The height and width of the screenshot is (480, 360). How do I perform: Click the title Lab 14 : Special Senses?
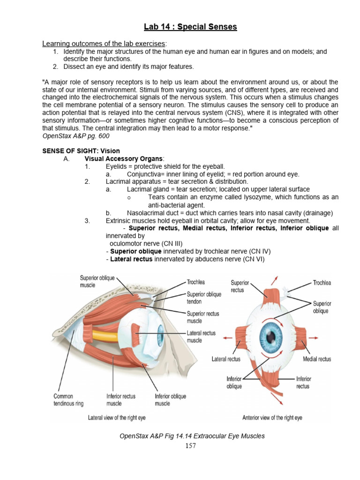pyautogui.click(x=190, y=27)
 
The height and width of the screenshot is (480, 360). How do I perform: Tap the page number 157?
pyautogui.click(x=190, y=446)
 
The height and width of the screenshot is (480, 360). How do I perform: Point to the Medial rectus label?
pyautogui.click(x=317, y=359)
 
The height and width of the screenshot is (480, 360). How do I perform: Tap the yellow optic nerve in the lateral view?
pyautogui.click(x=108, y=336)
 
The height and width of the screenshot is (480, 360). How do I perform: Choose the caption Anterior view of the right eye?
pyautogui.click(x=272, y=417)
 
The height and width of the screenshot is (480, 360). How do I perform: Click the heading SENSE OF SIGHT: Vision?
pyautogui.click(x=81, y=151)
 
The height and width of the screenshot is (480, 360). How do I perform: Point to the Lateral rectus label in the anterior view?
pyautogui.click(x=226, y=359)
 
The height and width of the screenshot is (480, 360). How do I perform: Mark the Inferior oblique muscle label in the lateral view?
pyautogui.click(x=170, y=400)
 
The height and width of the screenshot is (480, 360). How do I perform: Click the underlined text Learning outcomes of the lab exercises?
pyautogui.click(x=104, y=44)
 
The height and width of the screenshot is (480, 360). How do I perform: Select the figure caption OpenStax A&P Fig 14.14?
pyautogui.click(x=192, y=436)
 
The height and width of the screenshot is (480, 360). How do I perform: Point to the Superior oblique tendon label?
pyautogui.click(x=204, y=298)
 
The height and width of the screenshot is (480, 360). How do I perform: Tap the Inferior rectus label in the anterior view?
pyautogui.click(x=303, y=382)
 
